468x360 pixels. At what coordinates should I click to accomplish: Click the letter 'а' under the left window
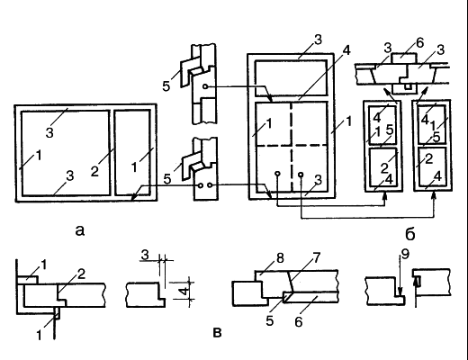[80, 230]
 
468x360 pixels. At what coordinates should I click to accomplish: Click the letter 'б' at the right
[410, 233]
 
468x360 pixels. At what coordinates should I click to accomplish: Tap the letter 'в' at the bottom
[217, 333]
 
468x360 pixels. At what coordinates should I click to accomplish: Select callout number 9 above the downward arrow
[405, 254]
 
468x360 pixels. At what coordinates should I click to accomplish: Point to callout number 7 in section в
[317, 257]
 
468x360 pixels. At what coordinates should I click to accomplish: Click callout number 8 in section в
[280, 258]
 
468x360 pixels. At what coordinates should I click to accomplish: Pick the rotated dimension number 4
[185, 291]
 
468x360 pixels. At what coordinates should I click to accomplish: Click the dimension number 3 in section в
[145, 255]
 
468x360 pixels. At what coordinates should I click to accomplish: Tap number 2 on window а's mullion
[94, 171]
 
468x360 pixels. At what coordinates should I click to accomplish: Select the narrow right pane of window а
[132, 152]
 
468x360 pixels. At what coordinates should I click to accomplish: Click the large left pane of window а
[65, 153]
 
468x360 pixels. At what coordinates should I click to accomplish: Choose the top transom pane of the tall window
[291, 77]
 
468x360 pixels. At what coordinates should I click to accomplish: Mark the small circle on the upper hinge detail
[205, 86]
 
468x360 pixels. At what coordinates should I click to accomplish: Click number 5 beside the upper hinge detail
[166, 86]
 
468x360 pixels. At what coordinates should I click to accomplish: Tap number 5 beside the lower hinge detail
[167, 179]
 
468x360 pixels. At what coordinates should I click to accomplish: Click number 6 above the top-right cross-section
[420, 43]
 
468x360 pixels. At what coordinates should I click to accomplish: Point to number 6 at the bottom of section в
[299, 322]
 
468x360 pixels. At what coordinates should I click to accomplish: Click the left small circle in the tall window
[277, 174]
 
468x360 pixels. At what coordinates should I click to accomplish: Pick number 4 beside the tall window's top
[346, 50]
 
